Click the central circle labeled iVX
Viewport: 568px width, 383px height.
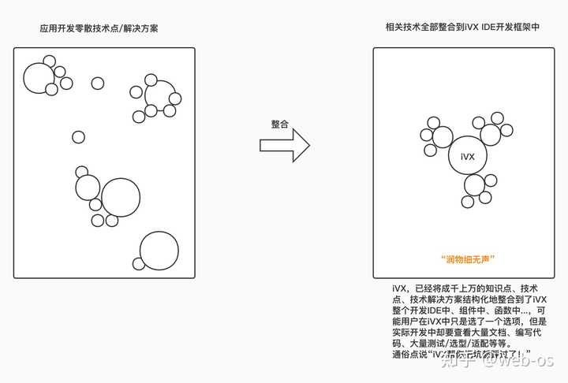coord(467,157)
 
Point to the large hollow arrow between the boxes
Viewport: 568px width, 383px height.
coord(283,145)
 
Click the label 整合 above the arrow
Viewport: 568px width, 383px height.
coord(279,125)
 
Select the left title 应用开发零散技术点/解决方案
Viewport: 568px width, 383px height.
coord(104,28)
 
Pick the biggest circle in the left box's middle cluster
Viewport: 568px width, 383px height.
coord(121,197)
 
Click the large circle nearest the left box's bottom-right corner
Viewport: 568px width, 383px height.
coord(159,251)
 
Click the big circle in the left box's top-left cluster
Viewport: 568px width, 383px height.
coord(38,77)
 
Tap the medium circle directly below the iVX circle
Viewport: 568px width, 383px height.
coord(474,185)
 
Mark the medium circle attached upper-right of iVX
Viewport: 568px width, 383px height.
coord(490,134)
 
